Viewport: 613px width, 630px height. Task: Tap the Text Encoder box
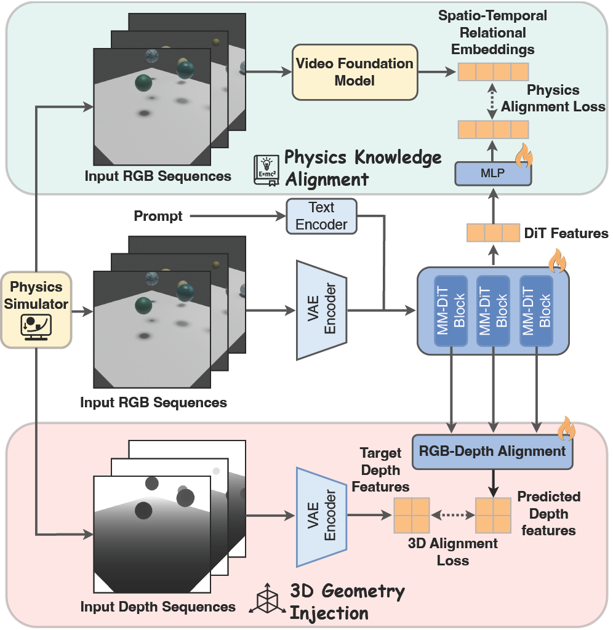[321, 217]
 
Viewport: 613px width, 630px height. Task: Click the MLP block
[493, 173]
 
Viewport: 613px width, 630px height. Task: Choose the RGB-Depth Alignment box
[491, 451]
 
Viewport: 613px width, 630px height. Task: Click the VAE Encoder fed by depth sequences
[322, 517]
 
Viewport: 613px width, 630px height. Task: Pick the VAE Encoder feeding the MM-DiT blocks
[322, 309]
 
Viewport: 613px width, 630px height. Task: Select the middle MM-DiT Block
[493, 310]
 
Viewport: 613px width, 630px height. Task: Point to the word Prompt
[158, 217]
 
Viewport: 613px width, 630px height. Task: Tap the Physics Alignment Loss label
[553, 98]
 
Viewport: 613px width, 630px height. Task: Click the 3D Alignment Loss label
[453, 552]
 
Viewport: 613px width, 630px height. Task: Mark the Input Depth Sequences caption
[158, 607]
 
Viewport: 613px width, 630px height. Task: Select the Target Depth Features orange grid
[411, 515]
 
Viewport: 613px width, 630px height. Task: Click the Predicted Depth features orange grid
[493, 515]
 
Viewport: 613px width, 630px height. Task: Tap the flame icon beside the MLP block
[524, 156]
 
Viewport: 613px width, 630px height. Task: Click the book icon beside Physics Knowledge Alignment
[266, 169]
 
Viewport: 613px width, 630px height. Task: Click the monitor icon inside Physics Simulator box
[36, 325]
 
